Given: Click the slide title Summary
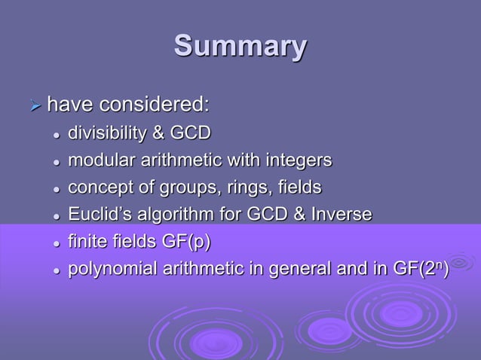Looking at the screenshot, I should click(x=240, y=46).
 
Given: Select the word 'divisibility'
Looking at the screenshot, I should click(x=106, y=134).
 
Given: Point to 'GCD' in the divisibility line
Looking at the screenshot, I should click(x=190, y=134).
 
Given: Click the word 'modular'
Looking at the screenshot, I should click(x=97, y=160).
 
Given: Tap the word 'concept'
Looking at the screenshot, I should click(x=98, y=188).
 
